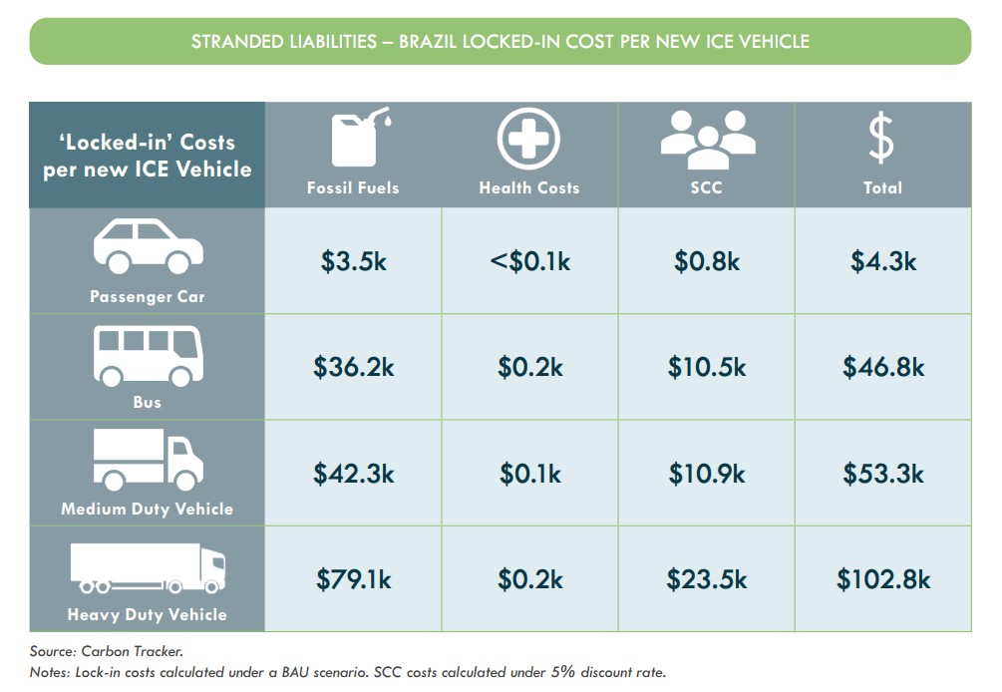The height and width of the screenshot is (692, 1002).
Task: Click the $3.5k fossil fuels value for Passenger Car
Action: point(353,261)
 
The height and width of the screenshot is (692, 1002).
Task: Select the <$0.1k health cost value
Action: point(529,261)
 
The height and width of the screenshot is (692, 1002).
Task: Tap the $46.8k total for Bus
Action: point(882,367)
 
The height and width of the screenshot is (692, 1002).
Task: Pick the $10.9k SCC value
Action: point(706,473)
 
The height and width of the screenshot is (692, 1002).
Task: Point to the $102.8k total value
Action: point(882,578)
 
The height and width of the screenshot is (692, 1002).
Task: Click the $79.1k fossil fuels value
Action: point(353,578)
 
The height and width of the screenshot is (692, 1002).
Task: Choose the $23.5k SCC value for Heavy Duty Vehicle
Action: point(706,578)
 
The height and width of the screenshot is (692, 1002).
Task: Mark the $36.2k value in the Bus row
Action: point(353,367)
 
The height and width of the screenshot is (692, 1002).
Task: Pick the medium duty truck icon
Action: point(148,460)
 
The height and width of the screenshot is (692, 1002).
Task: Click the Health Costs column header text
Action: point(529,187)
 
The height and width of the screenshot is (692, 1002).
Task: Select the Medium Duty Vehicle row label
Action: point(147,509)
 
